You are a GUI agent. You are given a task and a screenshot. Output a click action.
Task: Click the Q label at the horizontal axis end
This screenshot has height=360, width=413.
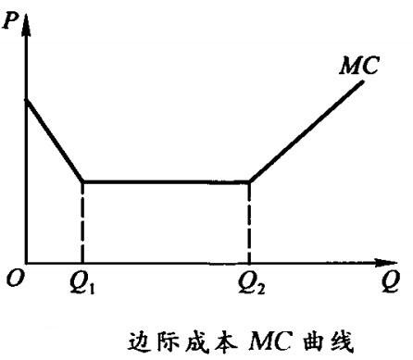393,279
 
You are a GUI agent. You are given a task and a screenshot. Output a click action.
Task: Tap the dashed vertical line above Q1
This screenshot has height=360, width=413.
82,222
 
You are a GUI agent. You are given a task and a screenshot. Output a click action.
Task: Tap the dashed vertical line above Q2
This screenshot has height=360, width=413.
249,222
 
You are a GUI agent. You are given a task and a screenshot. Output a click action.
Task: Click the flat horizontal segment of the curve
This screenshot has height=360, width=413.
167,181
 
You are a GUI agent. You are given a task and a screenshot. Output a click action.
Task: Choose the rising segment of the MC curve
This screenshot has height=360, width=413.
306,131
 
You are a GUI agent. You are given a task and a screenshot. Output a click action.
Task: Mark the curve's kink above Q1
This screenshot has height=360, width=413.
82,181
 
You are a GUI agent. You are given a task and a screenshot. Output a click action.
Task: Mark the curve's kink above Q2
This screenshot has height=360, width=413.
249,181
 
